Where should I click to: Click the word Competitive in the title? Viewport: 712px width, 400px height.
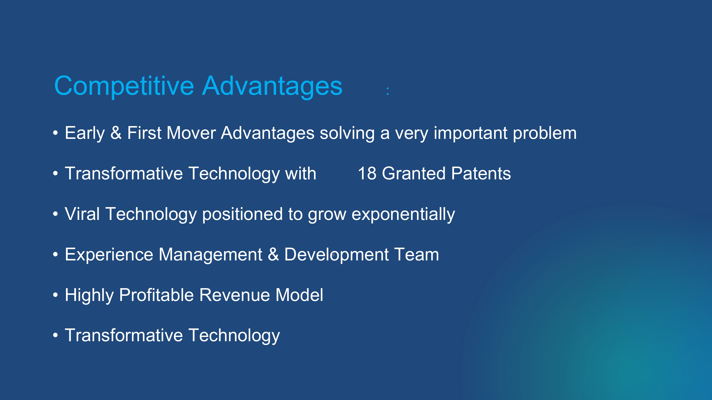pyautogui.click(x=124, y=86)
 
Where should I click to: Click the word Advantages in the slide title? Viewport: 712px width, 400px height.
pyautogui.click(x=272, y=86)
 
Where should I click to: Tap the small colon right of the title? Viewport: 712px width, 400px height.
pyautogui.click(x=388, y=91)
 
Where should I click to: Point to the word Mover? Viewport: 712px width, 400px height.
pyautogui.click(x=191, y=133)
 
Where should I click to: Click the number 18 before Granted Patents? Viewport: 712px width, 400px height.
pyautogui.click(x=367, y=174)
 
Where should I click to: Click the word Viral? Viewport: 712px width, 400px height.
pyautogui.click(x=82, y=214)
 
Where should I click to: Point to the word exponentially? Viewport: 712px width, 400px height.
pyautogui.click(x=403, y=214)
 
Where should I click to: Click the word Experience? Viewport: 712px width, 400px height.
pyautogui.click(x=109, y=255)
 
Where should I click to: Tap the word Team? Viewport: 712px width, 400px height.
pyautogui.click(x=417, y=255)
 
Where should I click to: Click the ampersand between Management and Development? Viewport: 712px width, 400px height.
pyautogui.click(x=273, y=255)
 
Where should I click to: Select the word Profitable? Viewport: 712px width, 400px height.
pyautogui.click(x=156, y=295)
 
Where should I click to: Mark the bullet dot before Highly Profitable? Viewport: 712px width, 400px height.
pyautogui.click(x=56, y=295)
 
